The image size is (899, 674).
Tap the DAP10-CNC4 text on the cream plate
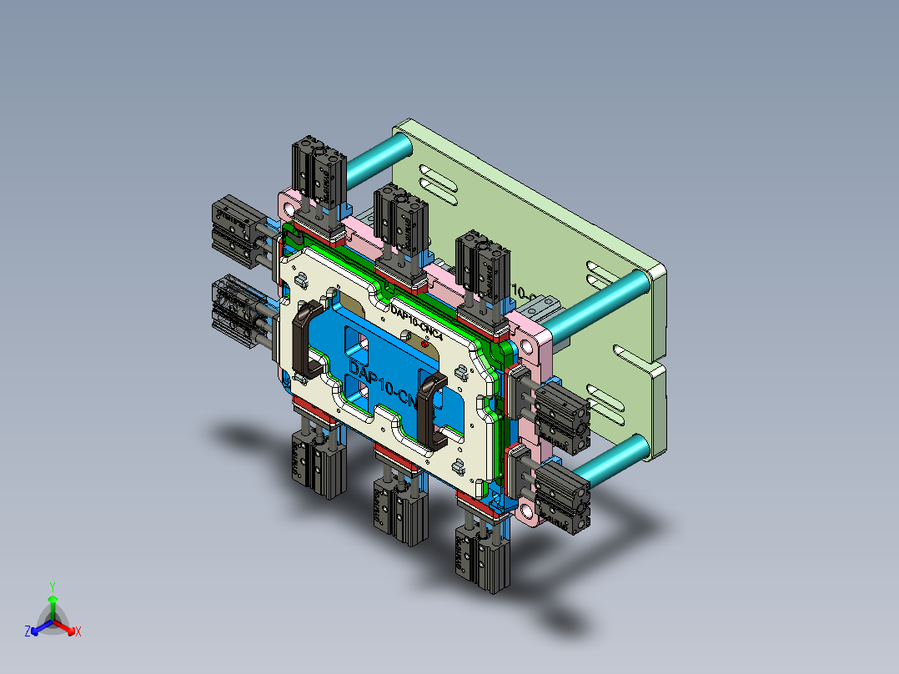click(421, 321)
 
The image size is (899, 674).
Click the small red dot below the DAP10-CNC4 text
click(425, 343)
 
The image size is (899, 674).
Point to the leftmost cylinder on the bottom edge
click(317, 463)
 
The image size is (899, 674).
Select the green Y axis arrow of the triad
click(53, 605)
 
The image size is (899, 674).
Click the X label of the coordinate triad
click(78, 632)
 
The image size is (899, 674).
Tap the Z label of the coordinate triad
click(28, 632)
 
